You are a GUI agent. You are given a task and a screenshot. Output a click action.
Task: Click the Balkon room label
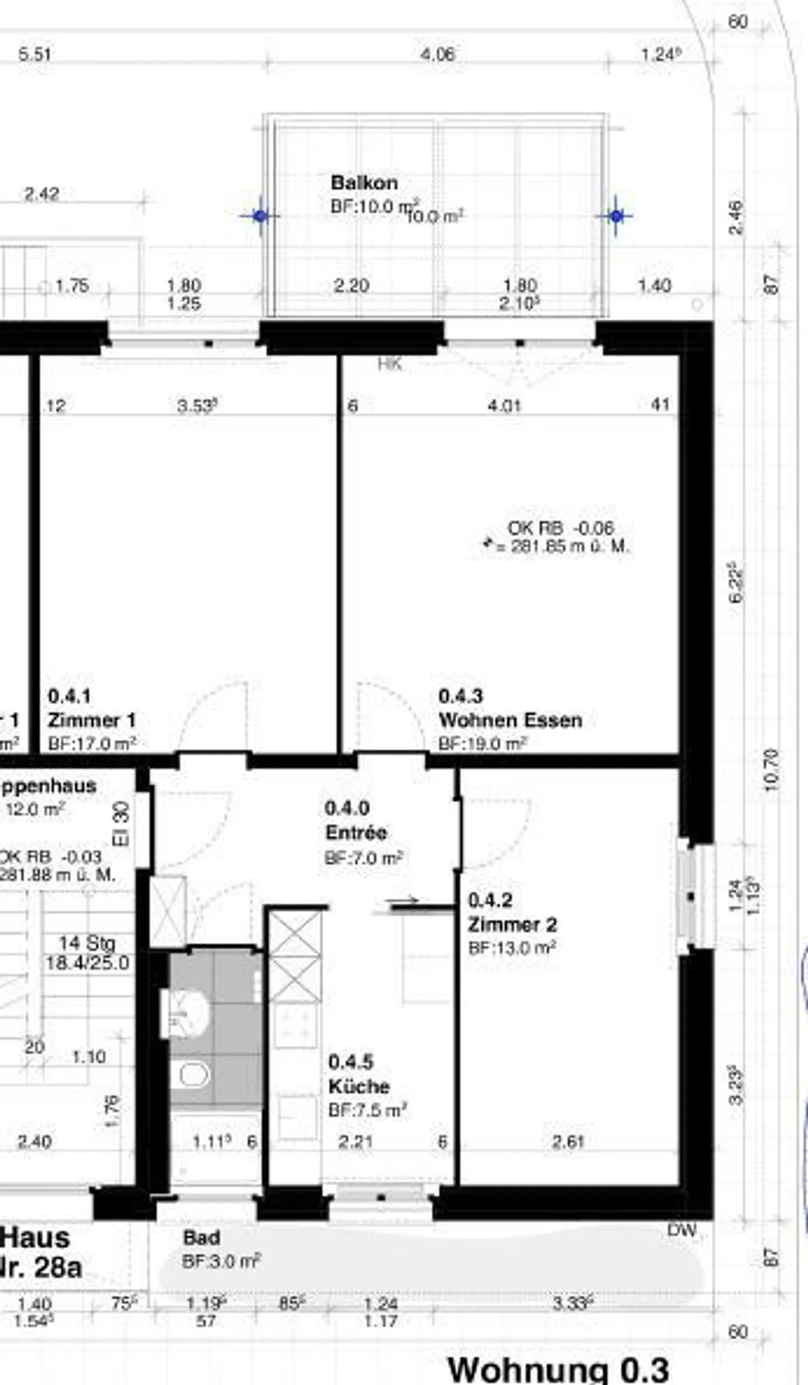coord(364,183)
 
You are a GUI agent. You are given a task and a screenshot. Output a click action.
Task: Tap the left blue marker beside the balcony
coord(259,215)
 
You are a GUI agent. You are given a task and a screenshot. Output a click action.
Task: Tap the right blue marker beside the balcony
coord(616,215)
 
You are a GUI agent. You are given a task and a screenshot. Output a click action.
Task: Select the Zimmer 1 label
coord(91,720)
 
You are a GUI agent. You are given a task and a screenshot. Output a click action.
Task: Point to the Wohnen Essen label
coord(510,720)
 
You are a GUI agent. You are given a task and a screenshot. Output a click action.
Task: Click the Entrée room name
coord(356,832)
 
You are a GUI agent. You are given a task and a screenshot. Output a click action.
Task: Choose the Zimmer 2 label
coord(512,924)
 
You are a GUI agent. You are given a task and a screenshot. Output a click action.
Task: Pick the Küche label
coord(359,1086)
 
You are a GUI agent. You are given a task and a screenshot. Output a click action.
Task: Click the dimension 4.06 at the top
coord(438,54)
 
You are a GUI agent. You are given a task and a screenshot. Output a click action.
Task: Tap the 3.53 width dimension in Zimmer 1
coord(196,406)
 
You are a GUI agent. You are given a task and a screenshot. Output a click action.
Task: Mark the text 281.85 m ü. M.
coord(570,546)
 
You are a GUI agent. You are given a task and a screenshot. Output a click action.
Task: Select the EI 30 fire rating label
coord(121,824)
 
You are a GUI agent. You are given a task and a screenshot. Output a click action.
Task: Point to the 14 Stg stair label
coord(87,943)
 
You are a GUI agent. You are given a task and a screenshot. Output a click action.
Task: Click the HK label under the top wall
coord(390,364)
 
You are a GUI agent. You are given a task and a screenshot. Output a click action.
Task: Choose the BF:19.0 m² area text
coord(483,744)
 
